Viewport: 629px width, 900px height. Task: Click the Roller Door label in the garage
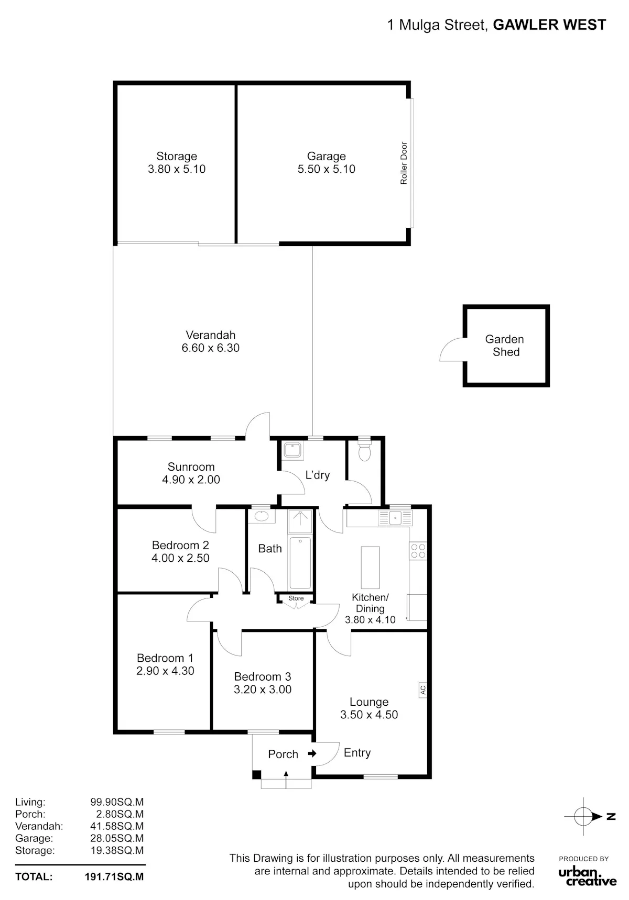click(x=404, y=163)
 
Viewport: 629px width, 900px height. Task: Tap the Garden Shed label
click(x=505, y=346)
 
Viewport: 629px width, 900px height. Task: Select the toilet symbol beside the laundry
click(x=364, y=449)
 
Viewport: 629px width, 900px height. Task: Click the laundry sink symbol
click(x=291, y=450)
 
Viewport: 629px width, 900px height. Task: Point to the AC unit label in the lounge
click(x=423, y=690)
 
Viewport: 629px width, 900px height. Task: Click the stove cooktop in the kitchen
click(x=418, y=551)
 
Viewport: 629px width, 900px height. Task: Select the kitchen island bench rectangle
click(x=370, y=568)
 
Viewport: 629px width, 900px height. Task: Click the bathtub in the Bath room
click(x=300, y=563)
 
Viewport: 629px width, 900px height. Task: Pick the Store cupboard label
click(x=296, y=598)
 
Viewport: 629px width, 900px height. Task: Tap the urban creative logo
click(x=587, y=876)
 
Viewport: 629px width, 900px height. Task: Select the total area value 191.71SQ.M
click(x=114, y=876)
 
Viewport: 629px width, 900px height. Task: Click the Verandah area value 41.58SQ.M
click(x=117, y=826)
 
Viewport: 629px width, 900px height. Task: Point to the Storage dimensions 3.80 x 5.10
click(x=177, y=169)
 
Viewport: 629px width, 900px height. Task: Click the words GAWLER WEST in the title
click(x=549, y=25)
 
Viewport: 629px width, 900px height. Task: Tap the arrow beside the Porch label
click(x=312, y=753)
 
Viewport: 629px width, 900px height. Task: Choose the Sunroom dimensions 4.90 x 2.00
click(x=191, y=480)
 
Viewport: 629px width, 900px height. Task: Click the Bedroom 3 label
click(x=263, y=676)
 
